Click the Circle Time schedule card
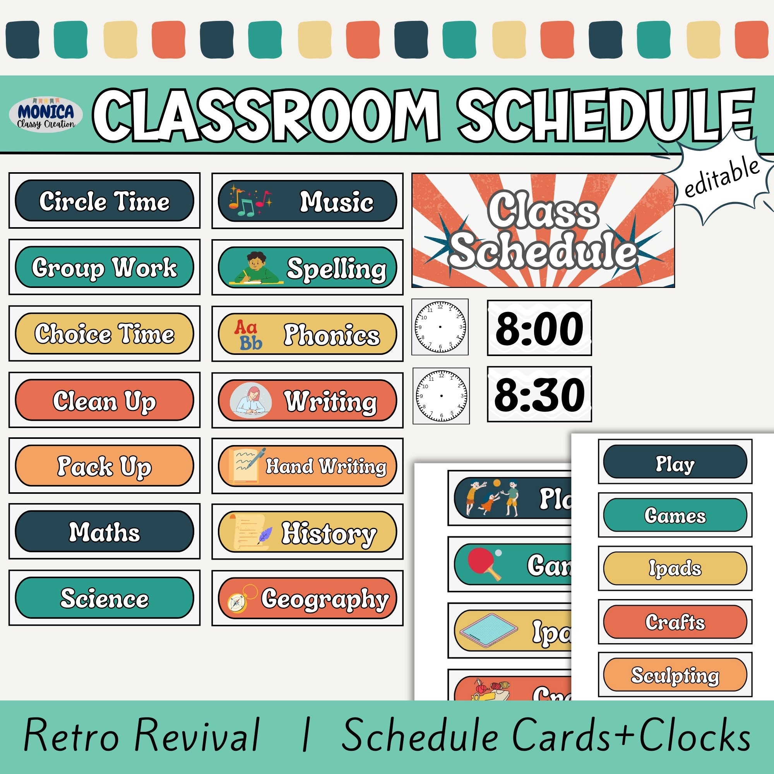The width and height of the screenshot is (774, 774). click(104, 200)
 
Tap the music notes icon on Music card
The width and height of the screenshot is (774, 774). click(249, 200)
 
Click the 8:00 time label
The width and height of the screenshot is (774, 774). click(539, 328)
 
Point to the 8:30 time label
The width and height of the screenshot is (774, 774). click(539, 395)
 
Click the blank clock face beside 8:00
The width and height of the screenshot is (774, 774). click(440, 327)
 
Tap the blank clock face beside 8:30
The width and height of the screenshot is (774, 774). click(441, 396)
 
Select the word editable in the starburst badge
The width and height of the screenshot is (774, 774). click(721, 178)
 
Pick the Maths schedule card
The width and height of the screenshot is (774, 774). click(104, 532)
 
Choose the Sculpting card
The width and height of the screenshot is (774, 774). click(675, 675)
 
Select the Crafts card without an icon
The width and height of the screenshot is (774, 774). click(675, 622)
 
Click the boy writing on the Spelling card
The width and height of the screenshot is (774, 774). click(255, 268)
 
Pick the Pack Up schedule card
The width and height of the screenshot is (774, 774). click(104, 466)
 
